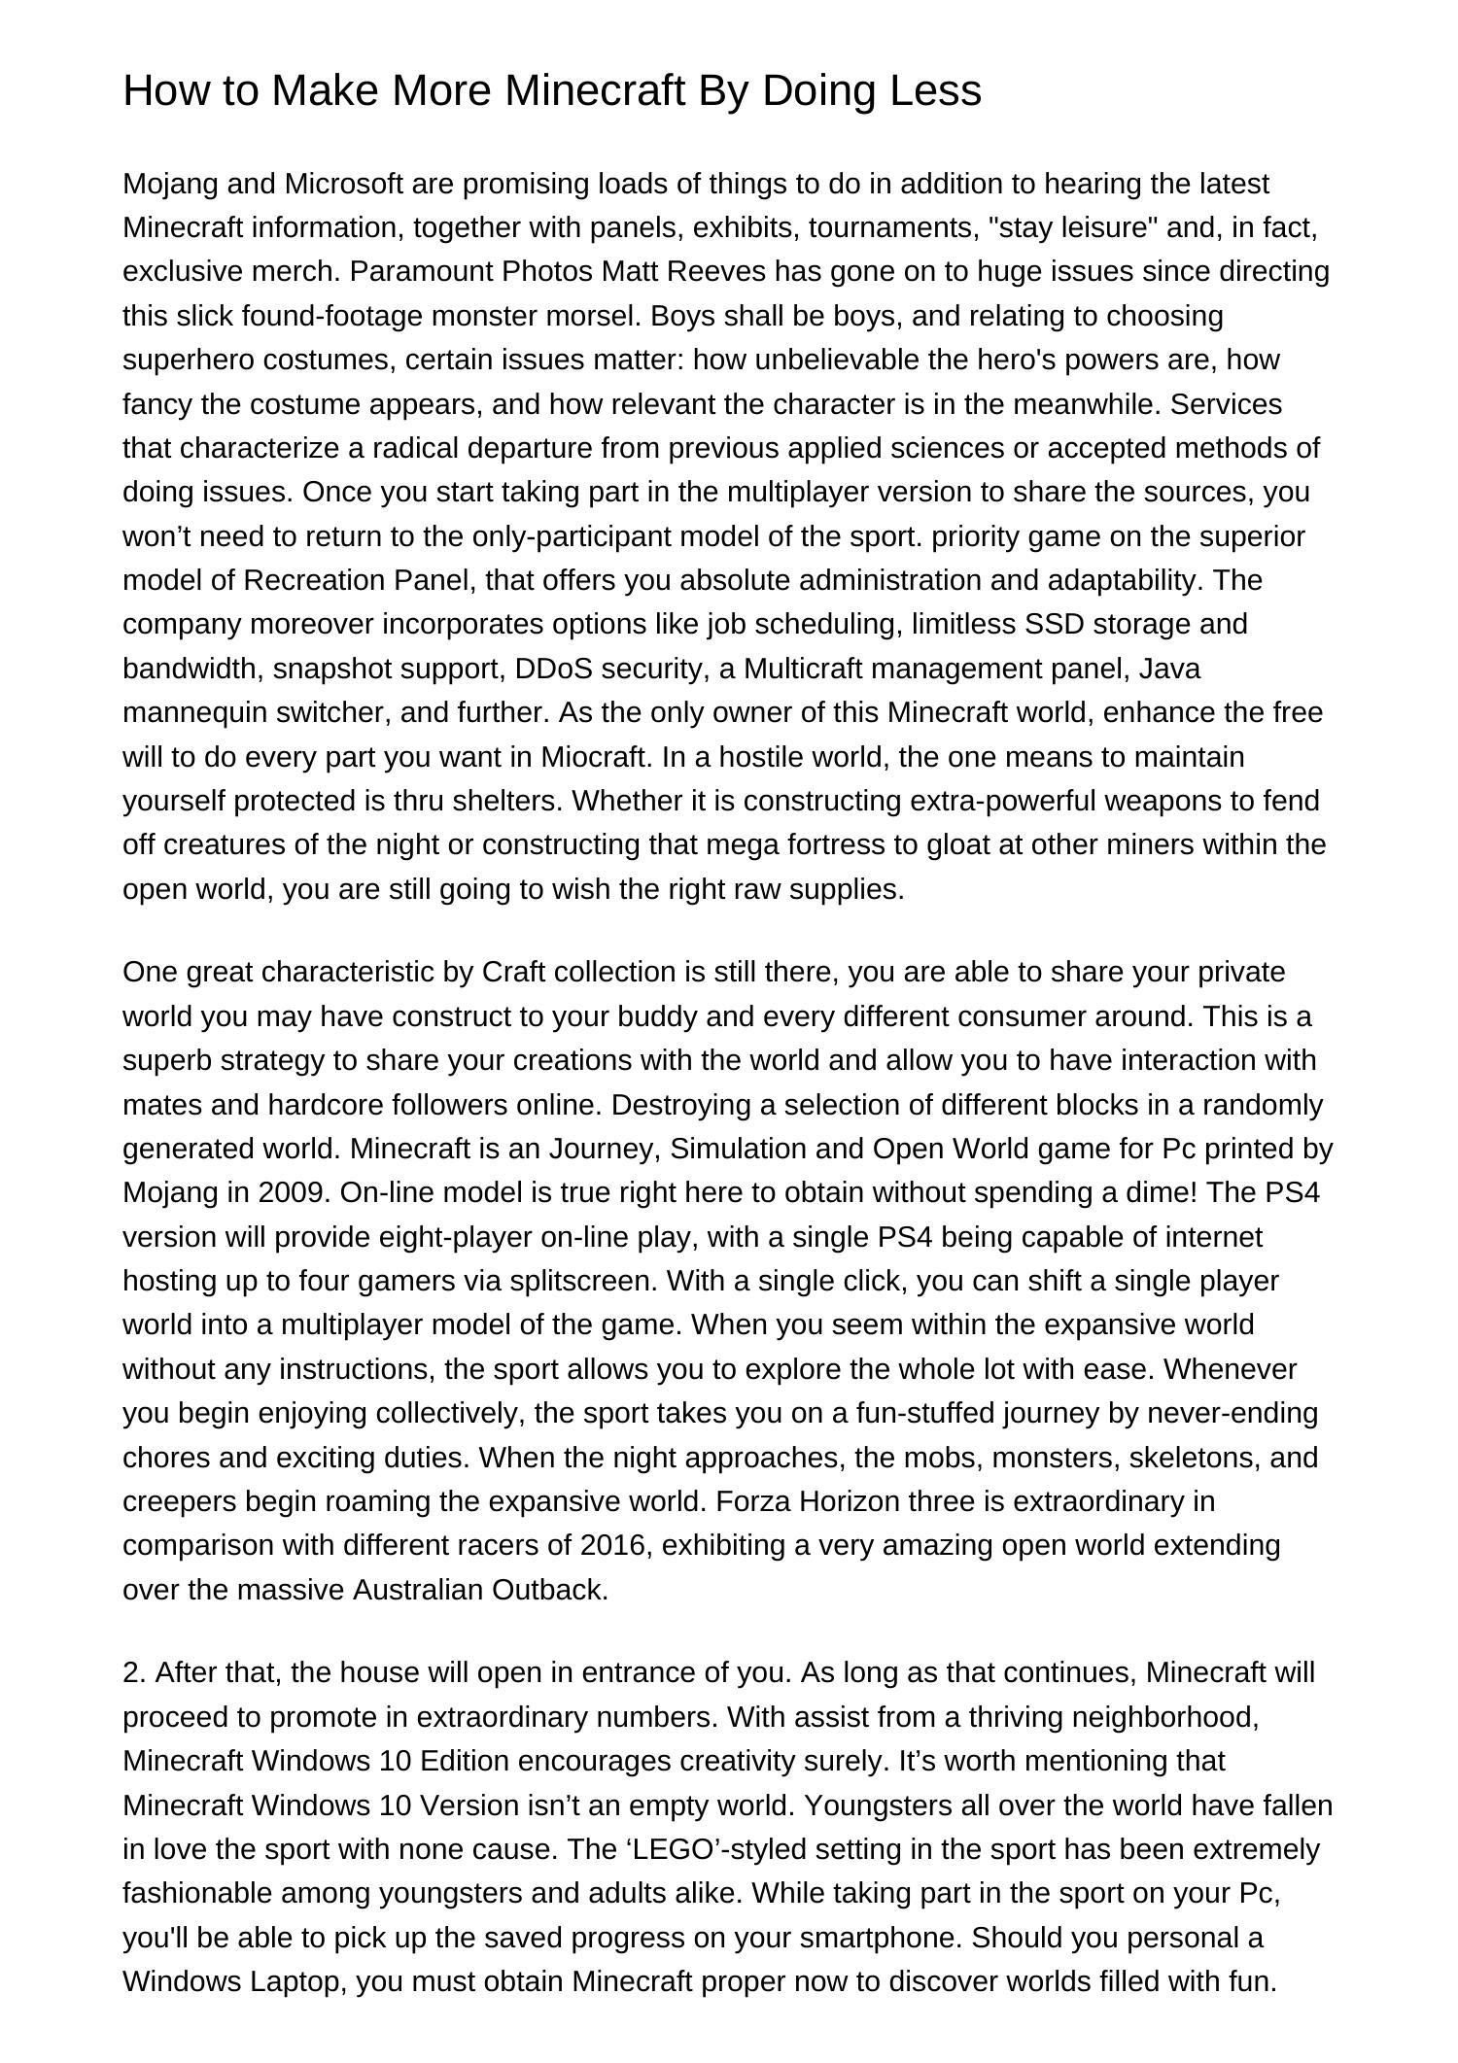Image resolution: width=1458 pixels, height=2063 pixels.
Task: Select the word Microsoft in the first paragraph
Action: (343, 184)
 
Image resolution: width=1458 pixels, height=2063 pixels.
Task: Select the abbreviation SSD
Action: (1055, 624)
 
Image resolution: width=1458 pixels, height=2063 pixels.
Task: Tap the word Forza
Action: (754, 1501)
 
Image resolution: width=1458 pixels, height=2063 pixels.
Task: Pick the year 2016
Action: (613, 1545)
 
